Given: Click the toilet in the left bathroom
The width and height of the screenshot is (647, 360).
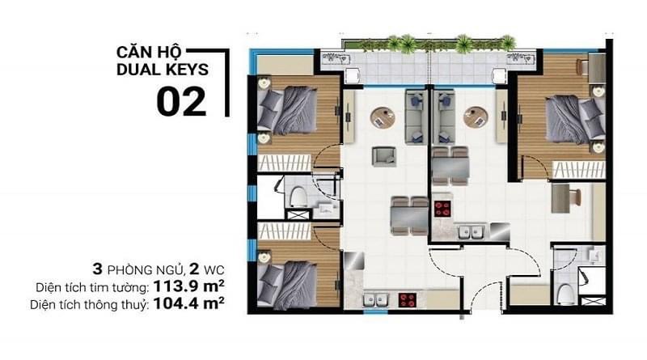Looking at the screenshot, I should click(x=298, y=194).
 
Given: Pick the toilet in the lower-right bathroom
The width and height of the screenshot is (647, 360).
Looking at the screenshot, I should click(x=566, y=291).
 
